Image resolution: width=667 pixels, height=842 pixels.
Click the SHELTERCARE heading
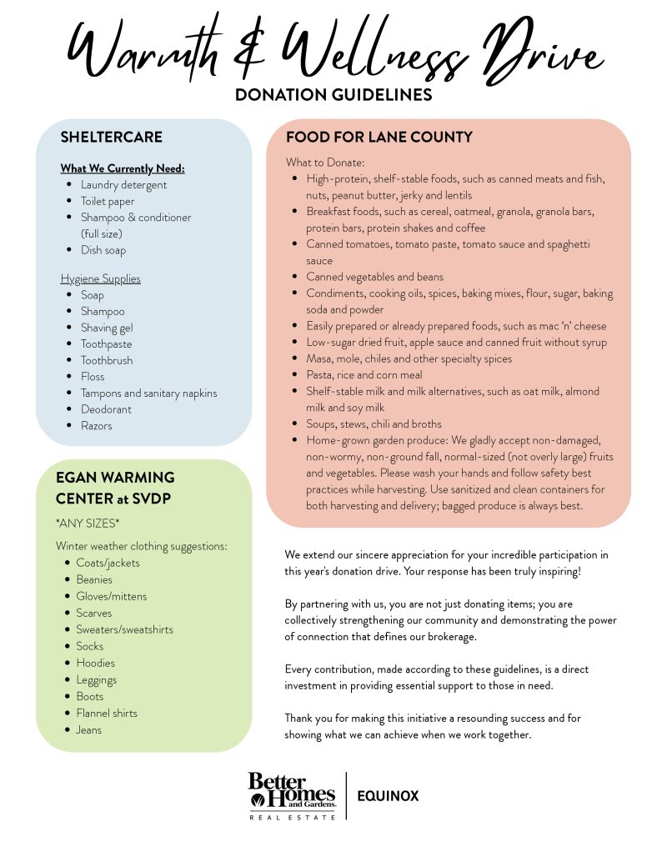click(x=111, y=137)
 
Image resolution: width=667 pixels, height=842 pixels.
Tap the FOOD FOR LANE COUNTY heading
click(x=379, y=137)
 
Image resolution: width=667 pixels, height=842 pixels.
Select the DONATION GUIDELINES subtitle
click(x=333, y=95)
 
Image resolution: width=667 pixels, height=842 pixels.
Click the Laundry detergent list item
click(x=123, y=185)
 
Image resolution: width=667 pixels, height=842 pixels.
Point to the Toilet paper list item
click(x=108, y=201)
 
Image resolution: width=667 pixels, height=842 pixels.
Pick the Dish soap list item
click(x=103, y=250)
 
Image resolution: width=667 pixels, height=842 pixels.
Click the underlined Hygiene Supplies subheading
click(x=100, y=278)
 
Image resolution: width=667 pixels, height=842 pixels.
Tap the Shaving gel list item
click(x=107, y=328)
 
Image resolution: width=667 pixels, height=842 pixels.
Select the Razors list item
click(x=96, y=426)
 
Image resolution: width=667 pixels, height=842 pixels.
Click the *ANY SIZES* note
click(x=88, y=523)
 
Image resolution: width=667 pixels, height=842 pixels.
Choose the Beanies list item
click(x=94, y=579)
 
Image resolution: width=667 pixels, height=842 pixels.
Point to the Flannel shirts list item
click(x=107, y=713)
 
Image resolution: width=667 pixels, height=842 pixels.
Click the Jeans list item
click(x=89, y=729)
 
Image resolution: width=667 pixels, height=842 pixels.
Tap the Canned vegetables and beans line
click(x=374, y=277)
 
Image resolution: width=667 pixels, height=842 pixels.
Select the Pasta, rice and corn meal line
click(x=364, y=375)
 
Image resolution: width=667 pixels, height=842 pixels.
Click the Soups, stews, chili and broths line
click(x=374, y=424)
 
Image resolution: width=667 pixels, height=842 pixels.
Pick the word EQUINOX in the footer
click(x=388, y=796)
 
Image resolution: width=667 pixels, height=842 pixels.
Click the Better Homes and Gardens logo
click(x=292, y=794)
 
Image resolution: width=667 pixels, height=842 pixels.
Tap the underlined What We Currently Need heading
click(x=123, y=168)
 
